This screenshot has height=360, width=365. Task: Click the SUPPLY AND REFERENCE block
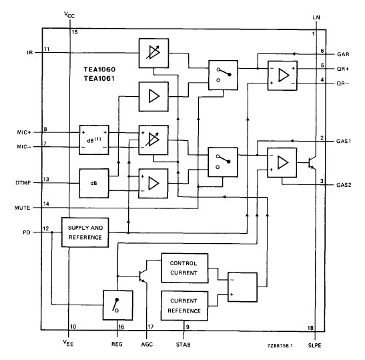(85, 232)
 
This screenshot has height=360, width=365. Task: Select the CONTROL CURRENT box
(184, 267)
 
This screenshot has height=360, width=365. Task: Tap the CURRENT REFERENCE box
(184, 305)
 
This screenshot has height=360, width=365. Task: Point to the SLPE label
(316, 345)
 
